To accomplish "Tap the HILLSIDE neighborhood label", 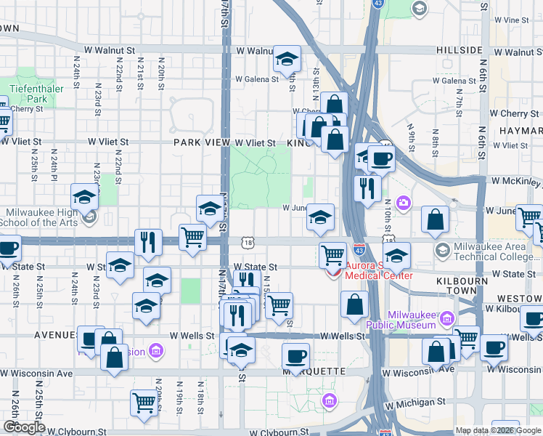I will (460, 50).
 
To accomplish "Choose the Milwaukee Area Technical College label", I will (496, 251).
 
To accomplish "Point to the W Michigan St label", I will (415, 402).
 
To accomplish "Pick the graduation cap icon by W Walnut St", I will (287, 59).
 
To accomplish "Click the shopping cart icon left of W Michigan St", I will (144, 402).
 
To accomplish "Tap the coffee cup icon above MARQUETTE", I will (296, 356).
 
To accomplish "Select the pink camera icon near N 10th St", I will (404, 202).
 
